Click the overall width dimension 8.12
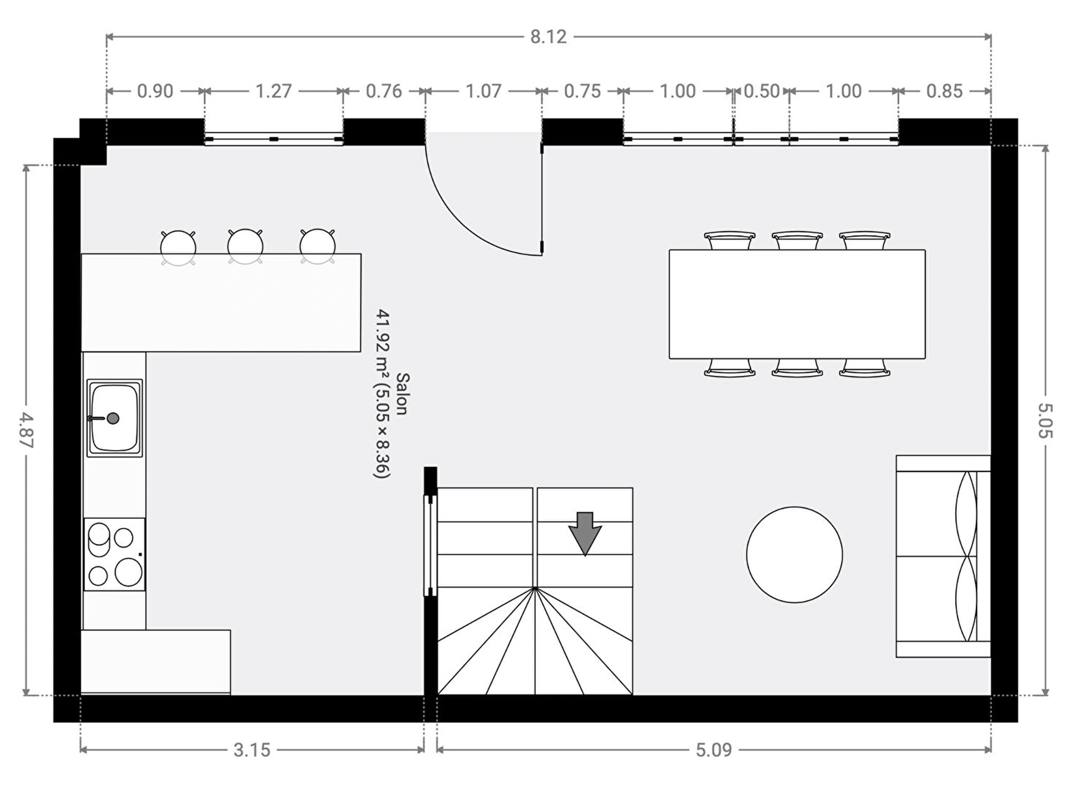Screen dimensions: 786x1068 548,37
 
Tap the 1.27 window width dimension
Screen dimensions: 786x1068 273,91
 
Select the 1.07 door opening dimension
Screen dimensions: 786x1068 483,91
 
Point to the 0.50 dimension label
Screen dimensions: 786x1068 762,91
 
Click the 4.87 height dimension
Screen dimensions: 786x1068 26,430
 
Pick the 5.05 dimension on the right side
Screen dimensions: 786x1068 1045,420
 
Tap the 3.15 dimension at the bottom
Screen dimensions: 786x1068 251,750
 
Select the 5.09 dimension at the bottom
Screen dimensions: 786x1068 714,750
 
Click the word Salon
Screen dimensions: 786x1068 402,394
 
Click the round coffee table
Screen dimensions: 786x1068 794,554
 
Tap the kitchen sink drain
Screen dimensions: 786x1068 113,418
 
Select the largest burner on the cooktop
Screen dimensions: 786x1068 128,572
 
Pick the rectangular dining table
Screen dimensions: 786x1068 797,304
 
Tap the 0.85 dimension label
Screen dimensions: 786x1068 944,91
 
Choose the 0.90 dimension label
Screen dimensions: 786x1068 155,91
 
